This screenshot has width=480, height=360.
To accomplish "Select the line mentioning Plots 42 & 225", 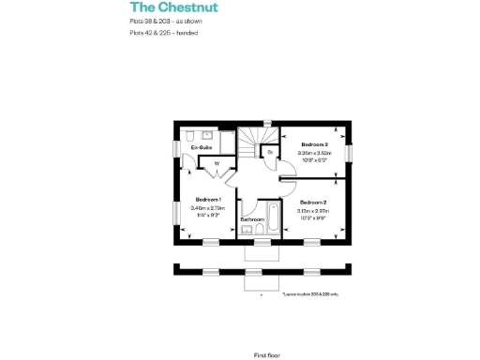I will (164, 33).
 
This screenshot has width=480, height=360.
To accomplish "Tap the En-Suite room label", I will (201, 148).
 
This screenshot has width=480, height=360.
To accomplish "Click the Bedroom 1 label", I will (207, 200).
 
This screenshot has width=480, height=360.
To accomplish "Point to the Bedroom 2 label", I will (312, 202).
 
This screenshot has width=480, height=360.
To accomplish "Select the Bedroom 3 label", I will (313, 143).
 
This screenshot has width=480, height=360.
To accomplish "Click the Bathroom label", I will (251, 219).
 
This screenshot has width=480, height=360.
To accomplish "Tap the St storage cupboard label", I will (269, 151).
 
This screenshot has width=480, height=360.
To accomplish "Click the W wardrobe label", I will (217, 164).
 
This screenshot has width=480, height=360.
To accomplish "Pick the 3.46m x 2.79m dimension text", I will (207, 208).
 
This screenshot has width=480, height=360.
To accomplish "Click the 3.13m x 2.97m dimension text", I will (312, 211).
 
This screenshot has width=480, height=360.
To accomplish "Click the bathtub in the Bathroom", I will (271, 221).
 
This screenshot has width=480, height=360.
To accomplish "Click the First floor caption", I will (266, 329).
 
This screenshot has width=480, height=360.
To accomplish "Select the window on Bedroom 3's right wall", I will (349, 152).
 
